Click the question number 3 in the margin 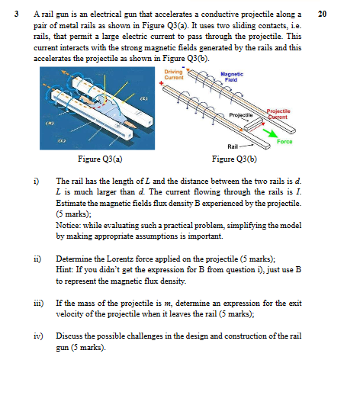tap(16, 14)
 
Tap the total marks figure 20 tap(322, 14)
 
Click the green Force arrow tap(270, 133)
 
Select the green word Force tap(284, 142)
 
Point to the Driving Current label tap(174, 75)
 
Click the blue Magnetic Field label tap(232, 77)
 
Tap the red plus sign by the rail tap(162, 83)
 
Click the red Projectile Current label tap(278, 114)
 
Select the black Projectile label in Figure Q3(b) tap(241, 114)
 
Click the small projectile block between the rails tap(253, 124)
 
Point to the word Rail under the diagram tap(233, 146)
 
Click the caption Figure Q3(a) tap(100, 159)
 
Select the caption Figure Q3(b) tap(234, 159)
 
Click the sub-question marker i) tap(36, 182)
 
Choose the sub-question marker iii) tap(38, 303)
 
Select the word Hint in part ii tap(64, 270)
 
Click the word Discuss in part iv tap(69, 336)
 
